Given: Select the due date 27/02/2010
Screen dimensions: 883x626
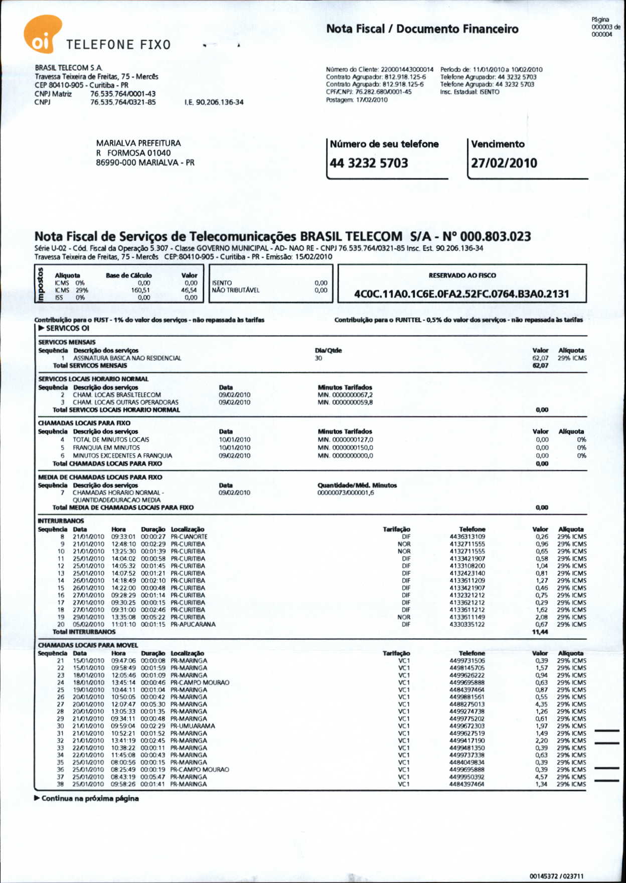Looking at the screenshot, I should point(504,163).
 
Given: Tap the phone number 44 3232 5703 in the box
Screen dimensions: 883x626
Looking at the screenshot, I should point(369,163).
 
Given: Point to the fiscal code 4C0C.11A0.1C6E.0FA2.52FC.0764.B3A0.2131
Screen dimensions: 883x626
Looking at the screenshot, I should point(461,294).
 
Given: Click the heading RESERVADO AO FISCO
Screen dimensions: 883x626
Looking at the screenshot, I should point(462,275).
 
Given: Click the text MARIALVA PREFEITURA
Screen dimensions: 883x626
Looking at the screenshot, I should point(138,143).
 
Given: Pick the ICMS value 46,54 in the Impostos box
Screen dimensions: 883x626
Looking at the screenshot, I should point(189,290).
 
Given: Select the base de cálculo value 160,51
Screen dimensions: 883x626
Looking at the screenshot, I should point(140,290).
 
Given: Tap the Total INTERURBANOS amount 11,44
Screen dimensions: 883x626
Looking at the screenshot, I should point(540,632).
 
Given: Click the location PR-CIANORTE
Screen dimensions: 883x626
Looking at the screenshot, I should point(189,537).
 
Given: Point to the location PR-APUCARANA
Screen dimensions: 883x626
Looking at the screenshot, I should point(193,625).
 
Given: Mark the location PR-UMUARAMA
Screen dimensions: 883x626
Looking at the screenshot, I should point(193,726).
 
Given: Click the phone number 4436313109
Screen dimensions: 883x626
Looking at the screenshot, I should point(467,537).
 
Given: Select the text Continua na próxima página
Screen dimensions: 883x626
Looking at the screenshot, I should point(90,798).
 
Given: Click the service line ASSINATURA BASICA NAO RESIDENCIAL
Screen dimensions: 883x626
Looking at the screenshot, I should point(127,358).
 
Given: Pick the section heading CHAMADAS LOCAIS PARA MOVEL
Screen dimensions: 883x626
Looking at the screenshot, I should point(88,645).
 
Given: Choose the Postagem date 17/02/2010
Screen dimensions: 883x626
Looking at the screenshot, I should point(372,100).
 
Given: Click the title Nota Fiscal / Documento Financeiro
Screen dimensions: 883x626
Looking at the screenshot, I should point(422,29).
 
